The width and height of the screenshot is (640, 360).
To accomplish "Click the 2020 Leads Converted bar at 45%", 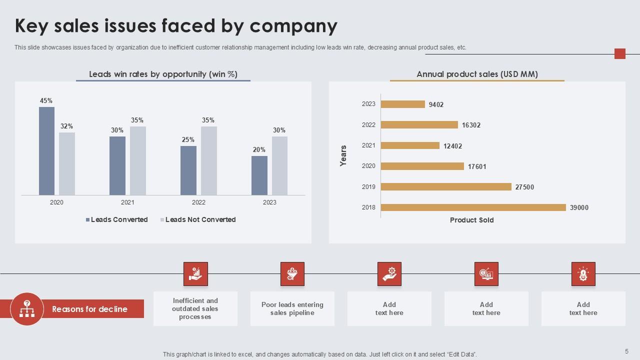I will click(46, 151).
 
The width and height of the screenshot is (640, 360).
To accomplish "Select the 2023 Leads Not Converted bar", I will click(279, 165).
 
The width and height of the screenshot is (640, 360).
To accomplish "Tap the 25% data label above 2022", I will click(188, 140).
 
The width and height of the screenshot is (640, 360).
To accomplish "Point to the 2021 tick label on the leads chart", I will click(127, 202).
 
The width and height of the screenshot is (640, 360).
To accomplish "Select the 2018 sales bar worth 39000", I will click(473, 207).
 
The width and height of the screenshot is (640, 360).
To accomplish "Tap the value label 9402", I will click(436, 104).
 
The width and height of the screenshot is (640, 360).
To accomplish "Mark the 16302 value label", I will click(470, 125).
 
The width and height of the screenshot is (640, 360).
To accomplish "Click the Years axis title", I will click(343, 155).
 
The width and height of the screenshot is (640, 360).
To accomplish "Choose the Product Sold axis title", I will click(471, 220).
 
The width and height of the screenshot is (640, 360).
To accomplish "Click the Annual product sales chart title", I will click(477, 74).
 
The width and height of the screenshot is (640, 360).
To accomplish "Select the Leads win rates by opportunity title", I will click(163, 74).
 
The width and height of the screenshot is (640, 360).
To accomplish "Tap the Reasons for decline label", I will click(89, 309).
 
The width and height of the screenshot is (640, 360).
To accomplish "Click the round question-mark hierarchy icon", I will click(27, 309).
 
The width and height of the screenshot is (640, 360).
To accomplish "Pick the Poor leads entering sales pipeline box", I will click(292, 309).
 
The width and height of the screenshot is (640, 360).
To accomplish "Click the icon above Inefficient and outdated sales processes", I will click(195, 274).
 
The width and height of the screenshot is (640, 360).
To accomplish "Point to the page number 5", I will click(626, 351).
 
